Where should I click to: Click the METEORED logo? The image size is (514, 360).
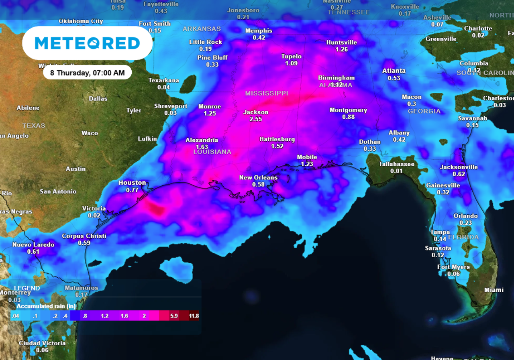point(87,43)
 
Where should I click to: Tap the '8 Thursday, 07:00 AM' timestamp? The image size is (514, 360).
point(87,73)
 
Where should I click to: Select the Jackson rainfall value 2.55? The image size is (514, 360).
point(256,119)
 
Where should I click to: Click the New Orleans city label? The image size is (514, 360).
point(258,177)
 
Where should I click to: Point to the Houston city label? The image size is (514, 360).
point(132,183)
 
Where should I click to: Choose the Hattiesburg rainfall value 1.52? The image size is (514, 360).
point(277,146)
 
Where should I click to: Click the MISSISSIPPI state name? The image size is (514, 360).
point(267,93)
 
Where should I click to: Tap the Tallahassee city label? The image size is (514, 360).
point(397,164)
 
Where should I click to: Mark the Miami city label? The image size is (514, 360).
point(494,290)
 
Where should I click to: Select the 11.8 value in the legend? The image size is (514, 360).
point(194,316)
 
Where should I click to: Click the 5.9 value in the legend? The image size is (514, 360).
point(174,316)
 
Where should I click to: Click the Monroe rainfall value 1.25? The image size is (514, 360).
point(210,114)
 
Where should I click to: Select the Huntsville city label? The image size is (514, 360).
point(341,42)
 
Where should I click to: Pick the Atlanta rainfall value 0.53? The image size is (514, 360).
point(394,78)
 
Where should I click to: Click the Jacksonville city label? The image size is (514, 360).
point(459,167)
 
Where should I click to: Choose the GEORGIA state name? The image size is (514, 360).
point(424,111)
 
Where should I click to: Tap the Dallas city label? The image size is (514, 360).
point(98,98)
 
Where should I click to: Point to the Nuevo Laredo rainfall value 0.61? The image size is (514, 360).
point(33,252)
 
